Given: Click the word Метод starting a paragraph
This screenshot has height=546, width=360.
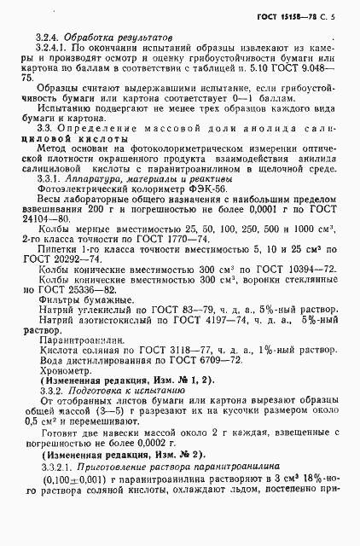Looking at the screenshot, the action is (x=54, y=148).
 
